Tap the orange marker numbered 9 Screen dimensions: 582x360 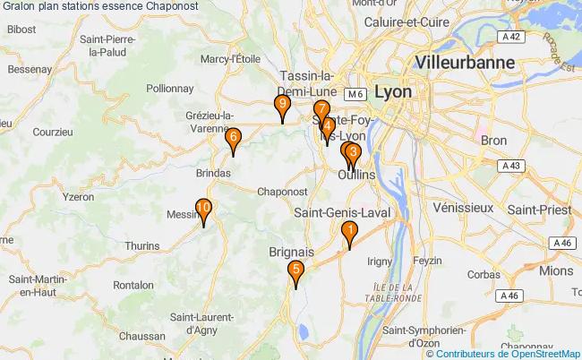pyautogui.click(x=282, y=107)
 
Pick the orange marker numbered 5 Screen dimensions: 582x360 pyautogui.click(x=295, y=271)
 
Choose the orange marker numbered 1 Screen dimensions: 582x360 pyautogui.click(x=349, y=230)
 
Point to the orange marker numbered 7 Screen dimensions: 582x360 pyautogui.click(x=321, y=111)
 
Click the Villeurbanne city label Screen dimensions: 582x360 pyautogui.click(x=465, y=63)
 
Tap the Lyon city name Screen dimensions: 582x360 pyautogui.click(x=394, y=91)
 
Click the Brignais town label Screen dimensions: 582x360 pyautogui.click(x=291, y=253)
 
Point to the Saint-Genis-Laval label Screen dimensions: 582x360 pyautogui.click(x=339, y=211)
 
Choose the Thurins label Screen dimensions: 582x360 pyautogui.click(x=142, y=245)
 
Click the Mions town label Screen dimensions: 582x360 pyautogui.click(x=556, y=270)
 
